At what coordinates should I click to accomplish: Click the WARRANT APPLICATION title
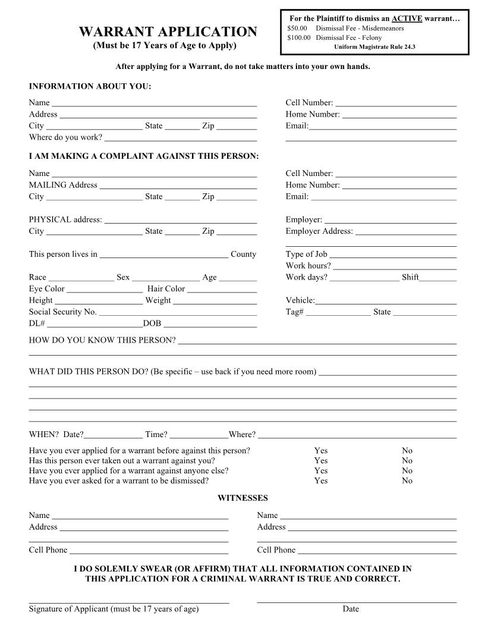click(168, 32)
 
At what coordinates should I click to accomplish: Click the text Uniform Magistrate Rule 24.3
click(374, 46)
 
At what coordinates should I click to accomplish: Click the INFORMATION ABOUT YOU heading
click(90, 87)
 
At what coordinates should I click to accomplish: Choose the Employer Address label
click(319, 231)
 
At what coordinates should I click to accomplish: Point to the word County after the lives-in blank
click(243, 255)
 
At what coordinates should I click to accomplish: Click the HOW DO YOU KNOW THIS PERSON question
click(102, 341)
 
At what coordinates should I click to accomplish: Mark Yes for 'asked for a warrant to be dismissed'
click(321, 481)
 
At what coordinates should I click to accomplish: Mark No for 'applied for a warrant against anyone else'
click(407, 470)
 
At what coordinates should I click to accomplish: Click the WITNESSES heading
click(242, 498)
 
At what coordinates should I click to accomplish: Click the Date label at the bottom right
click(351, 609)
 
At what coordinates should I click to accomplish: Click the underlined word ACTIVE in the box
click(407, 18)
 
